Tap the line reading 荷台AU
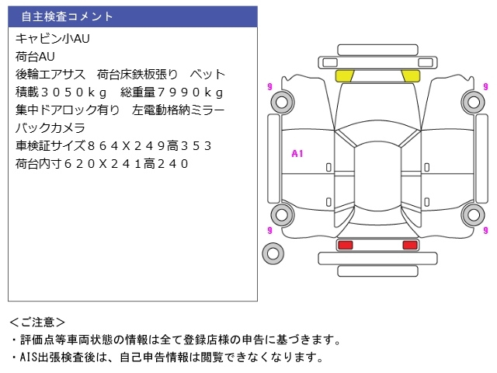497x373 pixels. point(36,57)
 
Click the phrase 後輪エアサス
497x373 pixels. point(50,75)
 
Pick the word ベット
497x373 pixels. point(208,75)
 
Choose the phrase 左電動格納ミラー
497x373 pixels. point(179,110)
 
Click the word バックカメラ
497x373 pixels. point(50,128)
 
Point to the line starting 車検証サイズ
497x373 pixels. point(113,146)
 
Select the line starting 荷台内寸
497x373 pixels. point(102,164)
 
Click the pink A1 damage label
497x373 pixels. point(297,154)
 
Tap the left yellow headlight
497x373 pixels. point(344,76)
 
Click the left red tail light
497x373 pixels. point(345,246)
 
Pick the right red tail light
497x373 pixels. point(409,246)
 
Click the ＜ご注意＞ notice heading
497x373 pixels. point(38,322)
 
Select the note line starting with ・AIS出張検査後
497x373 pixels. point(165,357)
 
